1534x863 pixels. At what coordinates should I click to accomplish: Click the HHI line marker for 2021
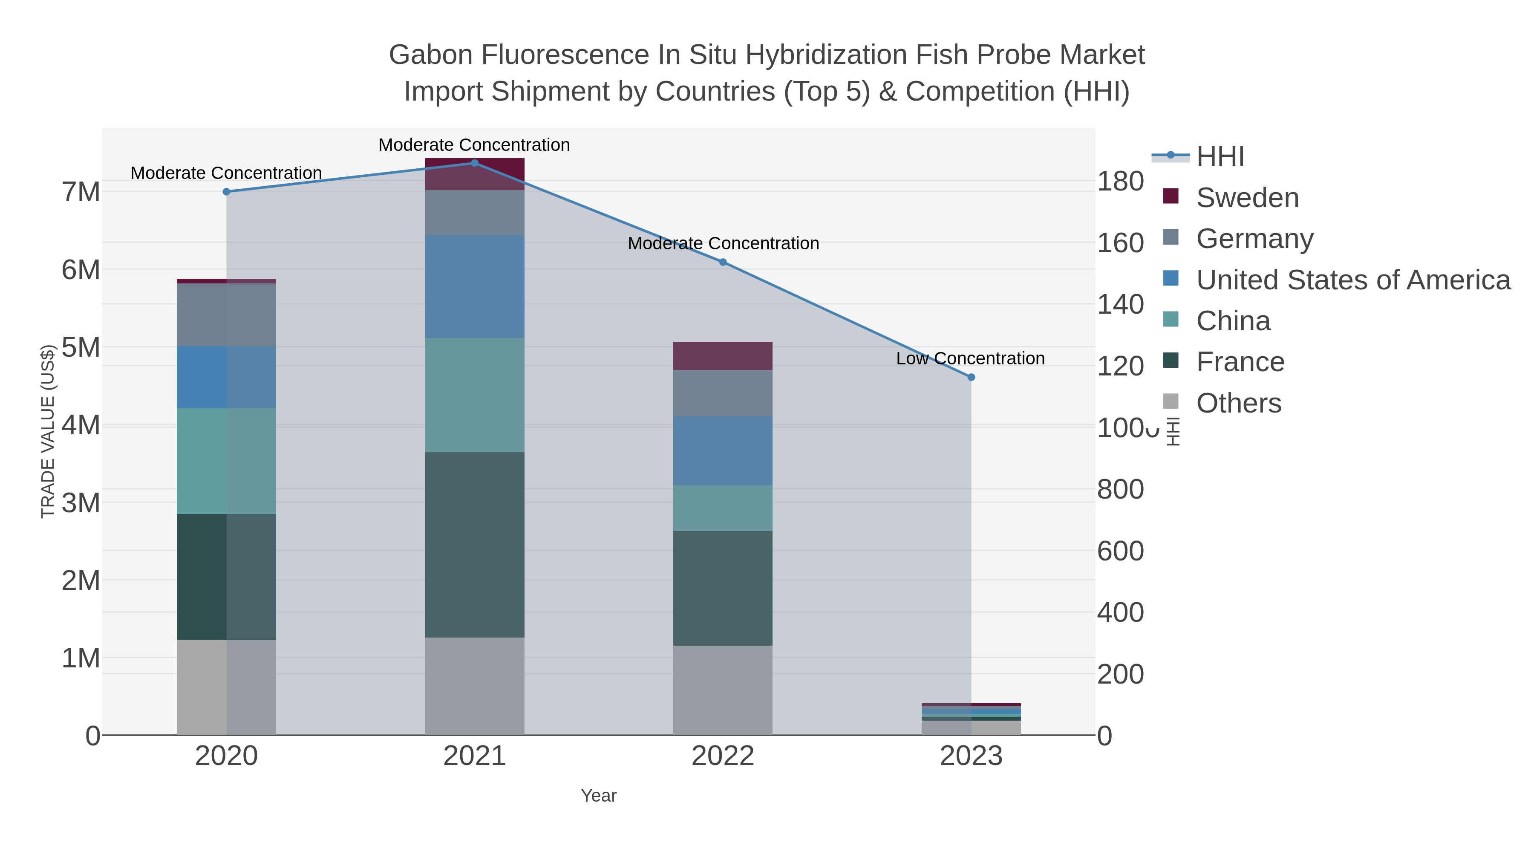[475, 163]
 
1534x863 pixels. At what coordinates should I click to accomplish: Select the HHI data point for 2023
[971, 377]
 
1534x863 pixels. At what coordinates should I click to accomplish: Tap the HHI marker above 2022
[723, 262]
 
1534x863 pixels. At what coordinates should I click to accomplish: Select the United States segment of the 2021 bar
[475, 286]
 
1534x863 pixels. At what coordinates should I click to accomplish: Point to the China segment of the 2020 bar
[226, 461]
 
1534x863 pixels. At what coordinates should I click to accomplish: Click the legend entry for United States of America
[1352, 280]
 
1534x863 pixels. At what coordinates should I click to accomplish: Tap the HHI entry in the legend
[1220, 157]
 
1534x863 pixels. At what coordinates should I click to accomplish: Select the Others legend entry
[1239, 403]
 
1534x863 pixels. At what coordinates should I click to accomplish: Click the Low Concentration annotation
[970, 358]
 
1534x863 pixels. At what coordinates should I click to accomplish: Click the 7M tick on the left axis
[81, 192]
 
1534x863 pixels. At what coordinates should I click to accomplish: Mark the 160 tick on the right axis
[1120, 243]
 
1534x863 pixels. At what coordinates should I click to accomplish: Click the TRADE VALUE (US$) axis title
[48, 431]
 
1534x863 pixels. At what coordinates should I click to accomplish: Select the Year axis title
[599, 796]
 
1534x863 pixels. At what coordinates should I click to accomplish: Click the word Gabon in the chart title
[430, 55]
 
